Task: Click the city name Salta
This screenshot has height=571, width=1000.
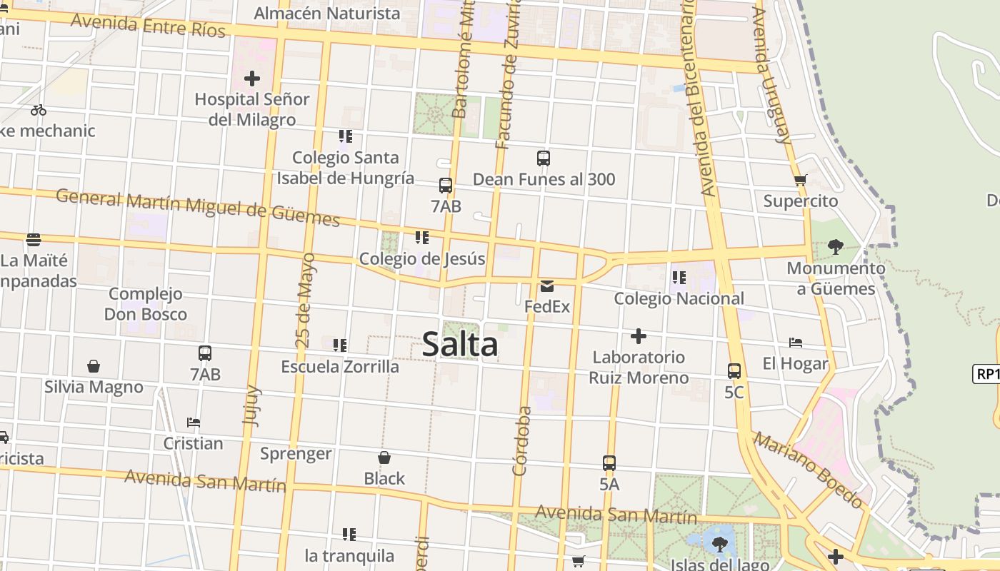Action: [460, 345]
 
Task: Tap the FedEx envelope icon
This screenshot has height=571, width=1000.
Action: [547, 287]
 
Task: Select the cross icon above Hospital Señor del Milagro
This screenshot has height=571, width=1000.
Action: [252, 79]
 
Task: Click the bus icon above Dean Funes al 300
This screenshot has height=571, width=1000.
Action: [544, 158]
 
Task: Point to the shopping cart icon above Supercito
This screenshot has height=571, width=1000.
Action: [800, 181]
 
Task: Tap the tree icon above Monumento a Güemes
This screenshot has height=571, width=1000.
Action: [835, 248]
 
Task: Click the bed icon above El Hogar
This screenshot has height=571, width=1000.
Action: [795, 343]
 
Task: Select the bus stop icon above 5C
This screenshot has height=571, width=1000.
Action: [734, 371]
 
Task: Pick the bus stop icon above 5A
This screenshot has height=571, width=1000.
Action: [609, 463]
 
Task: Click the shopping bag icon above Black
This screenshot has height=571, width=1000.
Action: [384, 458]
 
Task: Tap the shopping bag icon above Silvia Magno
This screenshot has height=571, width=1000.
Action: [94, 366]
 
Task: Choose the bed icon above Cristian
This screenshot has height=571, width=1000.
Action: [193, 423]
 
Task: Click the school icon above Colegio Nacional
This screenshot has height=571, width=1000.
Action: [679, 277]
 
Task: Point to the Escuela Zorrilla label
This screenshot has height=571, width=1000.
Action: [340, 367]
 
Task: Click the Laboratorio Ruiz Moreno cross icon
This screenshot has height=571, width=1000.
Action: [639, 336]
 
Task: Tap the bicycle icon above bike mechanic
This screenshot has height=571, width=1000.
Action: [39, 110]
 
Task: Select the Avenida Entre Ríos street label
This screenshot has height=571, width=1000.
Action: [148, 26]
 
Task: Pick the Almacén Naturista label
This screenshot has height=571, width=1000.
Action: [327, 14]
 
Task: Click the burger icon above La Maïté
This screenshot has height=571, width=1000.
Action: [34, 239]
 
